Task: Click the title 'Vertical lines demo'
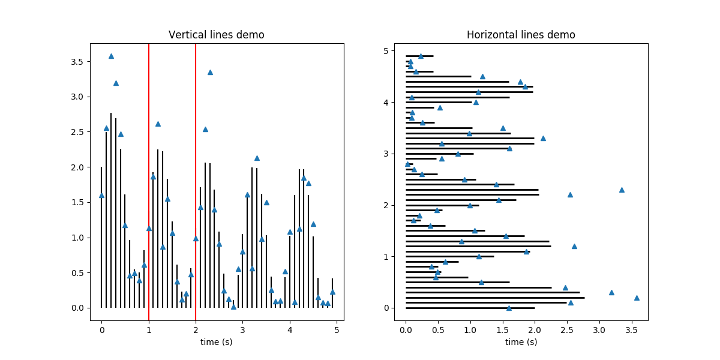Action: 216,35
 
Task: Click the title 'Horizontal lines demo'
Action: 521,35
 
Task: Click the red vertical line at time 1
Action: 149,180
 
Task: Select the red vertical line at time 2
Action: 196,180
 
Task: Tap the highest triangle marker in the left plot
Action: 111,56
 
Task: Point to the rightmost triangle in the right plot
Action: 637,298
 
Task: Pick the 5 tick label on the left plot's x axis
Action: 337,329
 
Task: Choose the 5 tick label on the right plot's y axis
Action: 387,51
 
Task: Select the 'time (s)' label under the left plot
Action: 216,342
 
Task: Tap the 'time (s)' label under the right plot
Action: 521,342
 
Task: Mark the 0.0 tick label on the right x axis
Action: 406,329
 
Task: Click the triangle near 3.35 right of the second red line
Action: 210,72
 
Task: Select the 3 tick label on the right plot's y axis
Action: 387,154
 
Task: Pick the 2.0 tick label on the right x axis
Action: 535,329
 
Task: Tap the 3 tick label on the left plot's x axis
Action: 242,329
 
